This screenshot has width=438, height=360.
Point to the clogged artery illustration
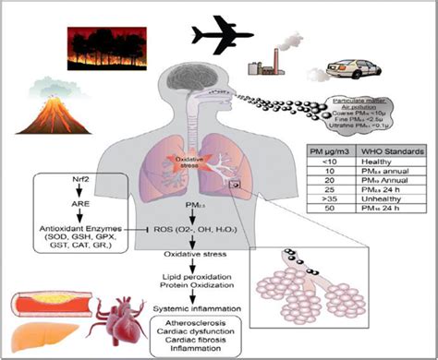tap(55, 300)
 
